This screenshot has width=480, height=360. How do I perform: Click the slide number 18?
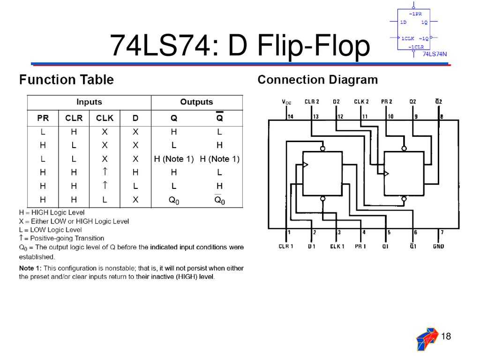tap(446, 336)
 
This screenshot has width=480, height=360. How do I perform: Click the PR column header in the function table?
tap(43, 118)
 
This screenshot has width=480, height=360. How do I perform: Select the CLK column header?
tap(105, 118)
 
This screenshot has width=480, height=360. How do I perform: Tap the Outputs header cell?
tap(196, 102)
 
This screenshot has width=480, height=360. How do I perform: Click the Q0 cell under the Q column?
tap(174, 200)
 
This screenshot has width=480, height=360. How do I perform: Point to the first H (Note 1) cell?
tap(174, 159)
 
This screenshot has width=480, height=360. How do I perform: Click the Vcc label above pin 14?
tap(286, 102)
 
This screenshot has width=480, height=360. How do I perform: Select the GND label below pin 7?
tap(439, 246)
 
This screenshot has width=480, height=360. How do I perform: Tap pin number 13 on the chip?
tap(316, 116)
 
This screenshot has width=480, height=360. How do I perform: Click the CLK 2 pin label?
tap(361, 102)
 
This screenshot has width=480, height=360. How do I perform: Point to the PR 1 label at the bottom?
tap(360, 246)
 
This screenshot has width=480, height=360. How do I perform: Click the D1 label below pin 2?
tap(311, 246)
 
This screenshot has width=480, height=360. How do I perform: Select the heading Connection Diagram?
tap(317, 80)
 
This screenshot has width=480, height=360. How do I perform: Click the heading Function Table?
tap(66, 80)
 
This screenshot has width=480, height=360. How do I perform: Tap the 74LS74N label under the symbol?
tap(435, 54)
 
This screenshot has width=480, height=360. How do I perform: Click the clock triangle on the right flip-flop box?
tap(386, 174)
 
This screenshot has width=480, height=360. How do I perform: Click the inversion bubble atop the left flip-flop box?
tap(322, 149)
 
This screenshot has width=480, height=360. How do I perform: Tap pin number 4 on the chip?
tap(364, 232)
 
